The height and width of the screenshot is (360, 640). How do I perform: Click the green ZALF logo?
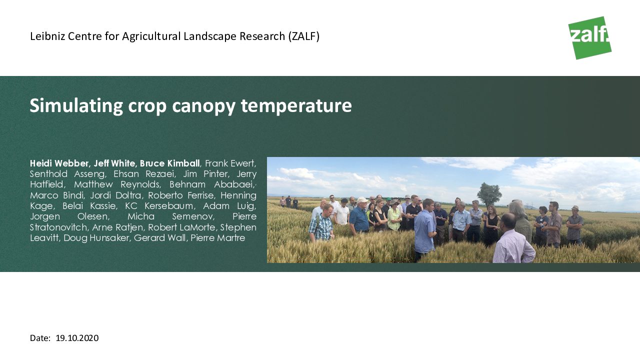(589, 37)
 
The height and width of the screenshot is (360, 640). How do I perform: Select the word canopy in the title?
(203, 106)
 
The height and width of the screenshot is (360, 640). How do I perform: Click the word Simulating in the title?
(76, 106)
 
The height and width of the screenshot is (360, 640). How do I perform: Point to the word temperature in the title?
(296, 106)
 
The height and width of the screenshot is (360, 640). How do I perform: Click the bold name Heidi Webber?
(60, 163)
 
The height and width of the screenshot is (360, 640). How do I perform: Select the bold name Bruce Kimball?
(169, 163)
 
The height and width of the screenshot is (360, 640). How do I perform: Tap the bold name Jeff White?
(114, 163)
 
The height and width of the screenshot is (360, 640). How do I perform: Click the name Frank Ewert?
(230, 163)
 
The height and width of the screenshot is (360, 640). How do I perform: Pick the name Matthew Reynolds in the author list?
(117, 184)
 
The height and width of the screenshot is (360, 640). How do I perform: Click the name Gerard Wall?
(160, 238)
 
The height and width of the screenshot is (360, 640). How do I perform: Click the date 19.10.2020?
(77, 338)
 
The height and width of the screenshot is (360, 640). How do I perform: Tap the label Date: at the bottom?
(40, 338)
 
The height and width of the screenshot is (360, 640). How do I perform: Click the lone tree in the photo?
(489, 194)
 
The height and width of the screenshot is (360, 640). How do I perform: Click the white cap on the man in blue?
(362, 199)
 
